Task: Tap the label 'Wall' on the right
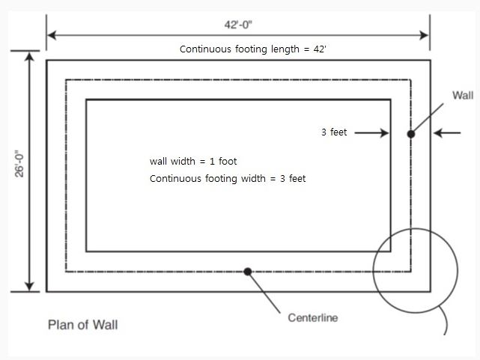(462, 95)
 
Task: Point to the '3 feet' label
(334, 132)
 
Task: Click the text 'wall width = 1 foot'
(193, 161)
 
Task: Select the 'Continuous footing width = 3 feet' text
(228, 179)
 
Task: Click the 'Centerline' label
(312, 318)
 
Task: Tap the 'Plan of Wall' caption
(82, 325)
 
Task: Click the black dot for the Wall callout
(410, 134)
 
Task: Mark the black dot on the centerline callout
(248, 271)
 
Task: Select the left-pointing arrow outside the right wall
(448, 133)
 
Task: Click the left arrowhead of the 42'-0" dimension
(51, 34)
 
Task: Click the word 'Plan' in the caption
(60, 325)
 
